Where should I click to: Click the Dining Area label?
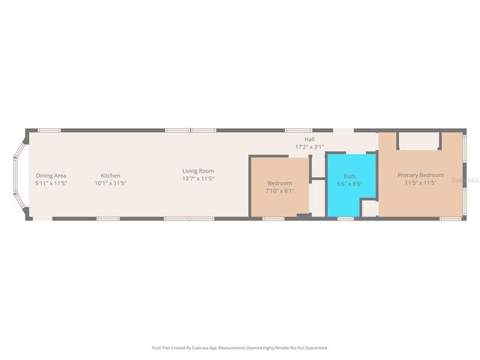tap(51, 175)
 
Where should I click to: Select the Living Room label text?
tap(198, 171)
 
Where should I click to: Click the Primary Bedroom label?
tap(420, 175)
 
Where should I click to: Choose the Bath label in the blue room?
tap(349, 176)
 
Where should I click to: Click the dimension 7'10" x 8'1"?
tap(280, 190)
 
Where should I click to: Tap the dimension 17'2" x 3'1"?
tap(309, 146)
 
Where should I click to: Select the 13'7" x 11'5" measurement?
tap(198, 179)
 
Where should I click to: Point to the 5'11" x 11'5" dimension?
tap(51, 183)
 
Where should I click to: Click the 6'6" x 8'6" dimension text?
tap(349, 184)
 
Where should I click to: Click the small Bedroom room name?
tap(280, 183)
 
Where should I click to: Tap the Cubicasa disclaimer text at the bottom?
tap(240, 347)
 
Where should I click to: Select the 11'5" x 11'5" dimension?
tap(420, 182)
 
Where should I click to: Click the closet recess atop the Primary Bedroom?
tap(419, 140)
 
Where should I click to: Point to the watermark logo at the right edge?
tap(472, 180)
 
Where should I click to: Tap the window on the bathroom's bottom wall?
tap(345, 218)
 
